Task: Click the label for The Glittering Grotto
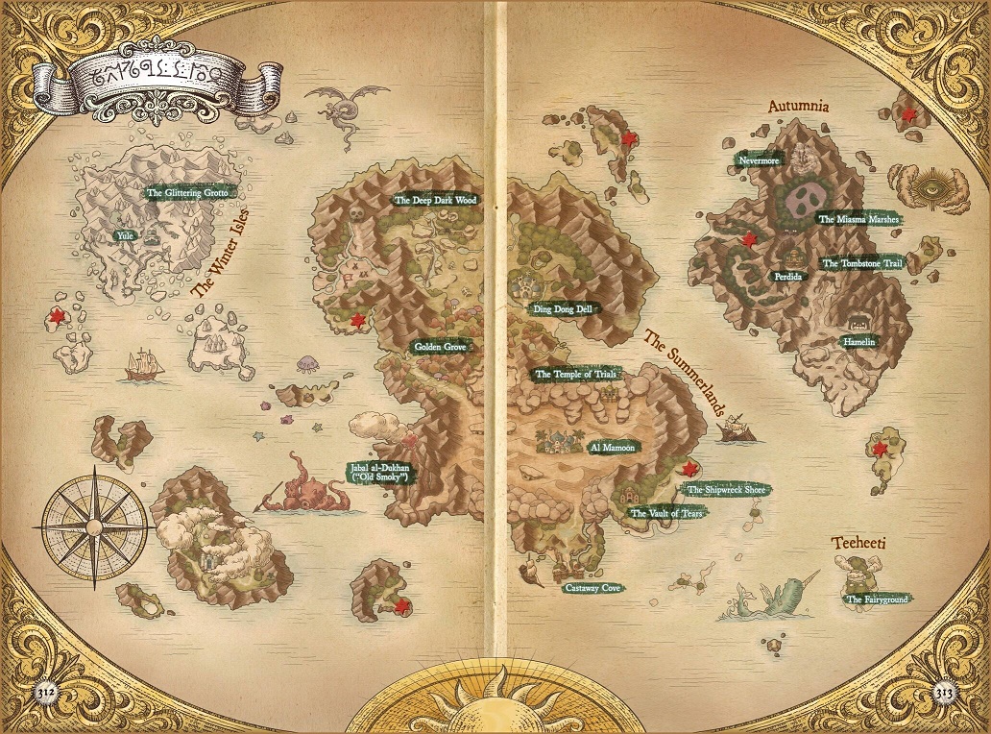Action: [x=186, y=193]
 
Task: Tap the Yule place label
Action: [x=124, y=234]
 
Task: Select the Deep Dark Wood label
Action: [x=436, y=201]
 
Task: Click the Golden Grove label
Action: [x=440, y=347]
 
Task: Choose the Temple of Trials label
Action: [x=574, y=374]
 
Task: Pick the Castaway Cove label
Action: [x=592, y=587]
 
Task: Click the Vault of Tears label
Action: [x=666, y=514]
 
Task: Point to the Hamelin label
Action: [x=859, y=341]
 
